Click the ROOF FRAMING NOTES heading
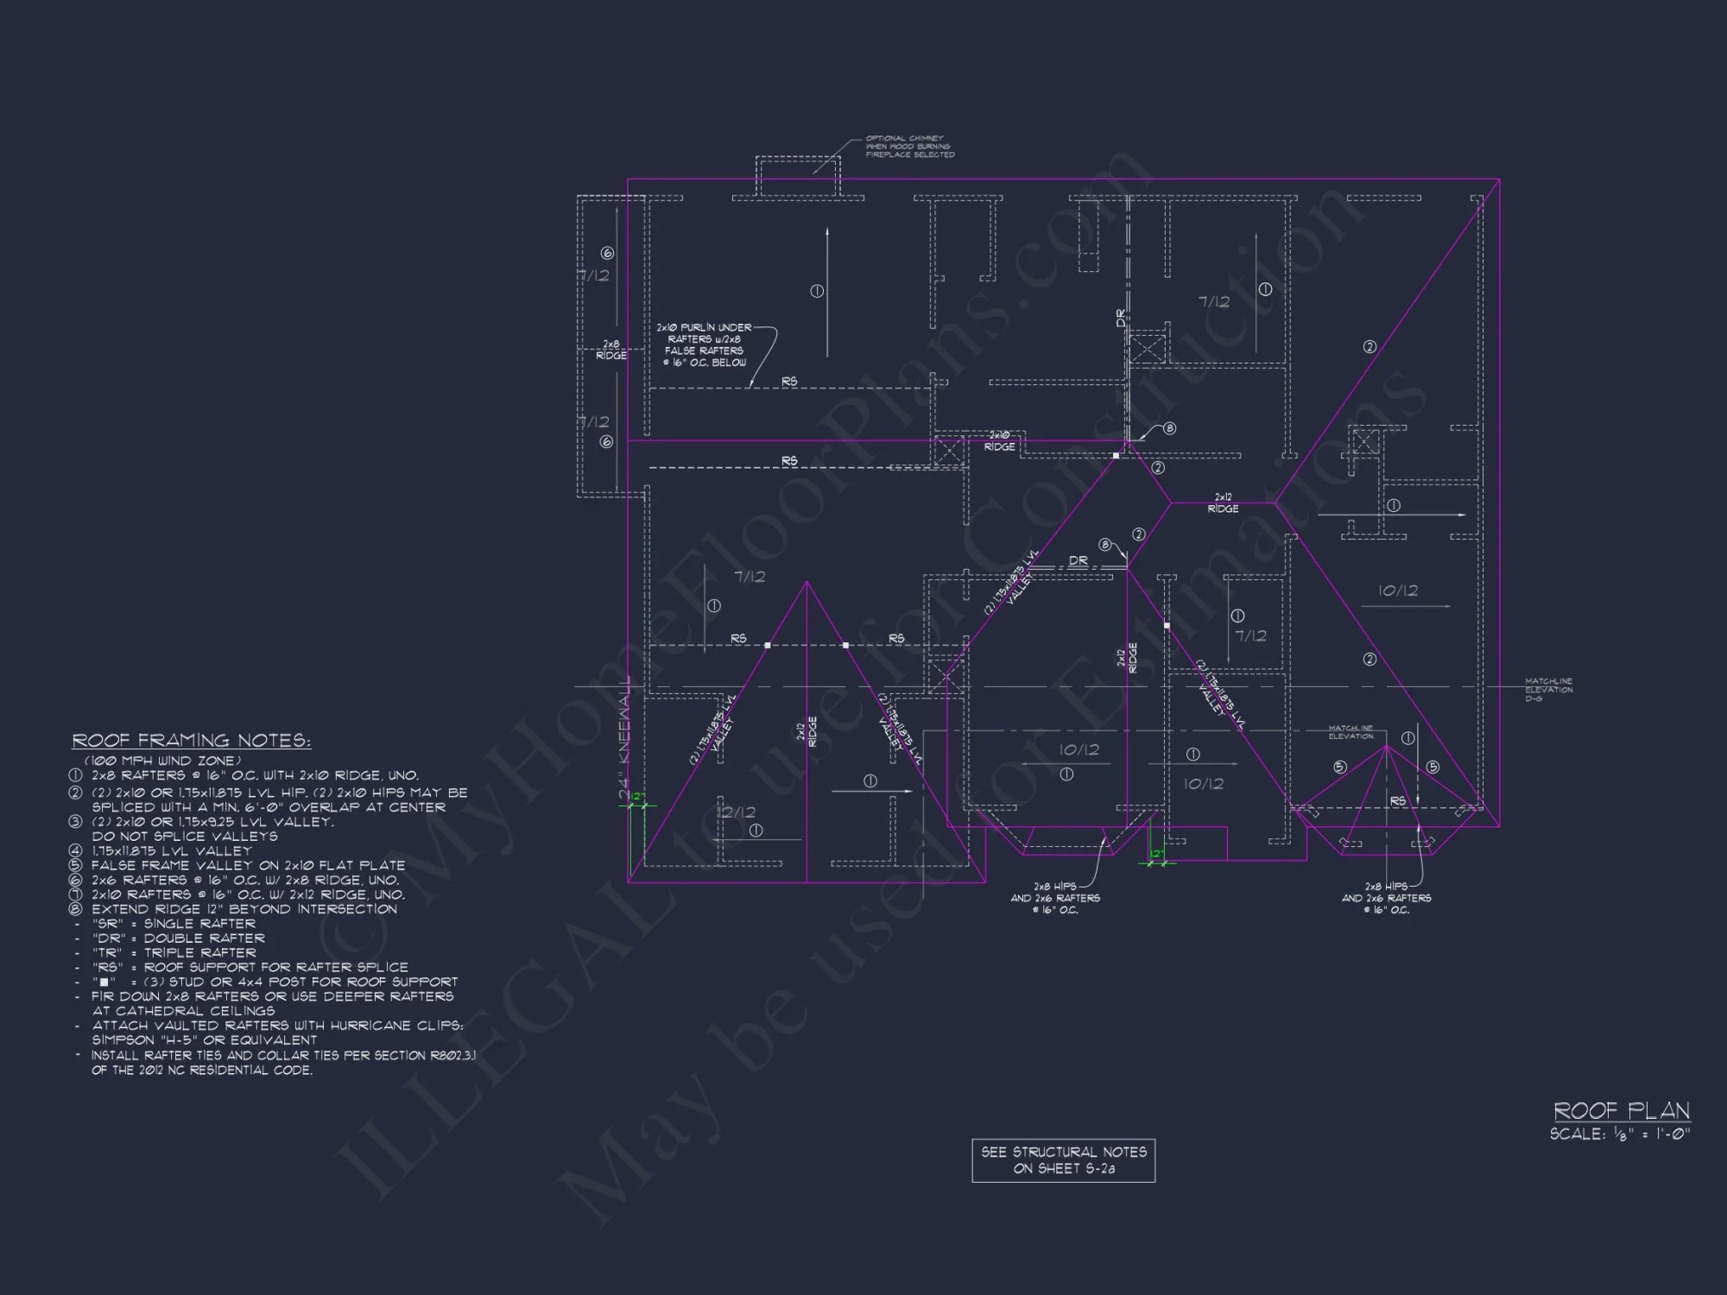pos(191,741)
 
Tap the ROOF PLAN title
pos(1621,1110)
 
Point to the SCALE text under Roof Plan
pos(1619,1134)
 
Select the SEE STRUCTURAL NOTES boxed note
pos(1063,1160)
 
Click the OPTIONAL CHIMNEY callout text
pos(909,146)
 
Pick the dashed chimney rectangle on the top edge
pos(797,177)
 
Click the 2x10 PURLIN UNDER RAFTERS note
pos(704,344)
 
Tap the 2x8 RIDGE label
pos(610,350)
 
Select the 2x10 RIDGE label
pos(999,441)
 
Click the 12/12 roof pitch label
pos(736,812)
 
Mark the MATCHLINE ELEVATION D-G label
pos(1548,689)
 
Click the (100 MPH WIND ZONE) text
pos(162,761)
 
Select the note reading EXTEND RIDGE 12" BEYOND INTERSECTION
pos(244,909)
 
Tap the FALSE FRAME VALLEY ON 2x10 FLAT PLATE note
pos(247,865)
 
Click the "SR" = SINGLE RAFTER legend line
pos(174,924)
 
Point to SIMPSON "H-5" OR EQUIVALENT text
pos(205,1040)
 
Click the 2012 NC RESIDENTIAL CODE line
pos(202,1070)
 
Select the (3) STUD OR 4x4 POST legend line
pos(276,982)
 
